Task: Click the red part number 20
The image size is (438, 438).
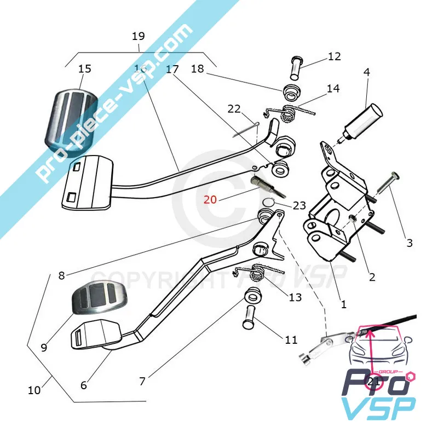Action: click(x=210, y=200)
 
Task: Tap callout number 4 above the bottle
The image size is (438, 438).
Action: click(x=366, y=72)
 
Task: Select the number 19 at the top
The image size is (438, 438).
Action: click(x=138, y=36)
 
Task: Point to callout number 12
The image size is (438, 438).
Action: click(x=334, y=56)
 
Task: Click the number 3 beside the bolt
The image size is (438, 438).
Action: click(x=409, y=243)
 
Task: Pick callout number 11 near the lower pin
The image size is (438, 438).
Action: click(x=291, y=340)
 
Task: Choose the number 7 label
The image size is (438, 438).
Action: click(x=142, y=381)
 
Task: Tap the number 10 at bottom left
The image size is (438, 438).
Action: click(x=34, y=390)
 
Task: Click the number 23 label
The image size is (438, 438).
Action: click(x=299, y=206)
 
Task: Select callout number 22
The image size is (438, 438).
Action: click(x=234, y=109)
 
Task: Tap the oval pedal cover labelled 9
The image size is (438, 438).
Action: click(x=99, y=303)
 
